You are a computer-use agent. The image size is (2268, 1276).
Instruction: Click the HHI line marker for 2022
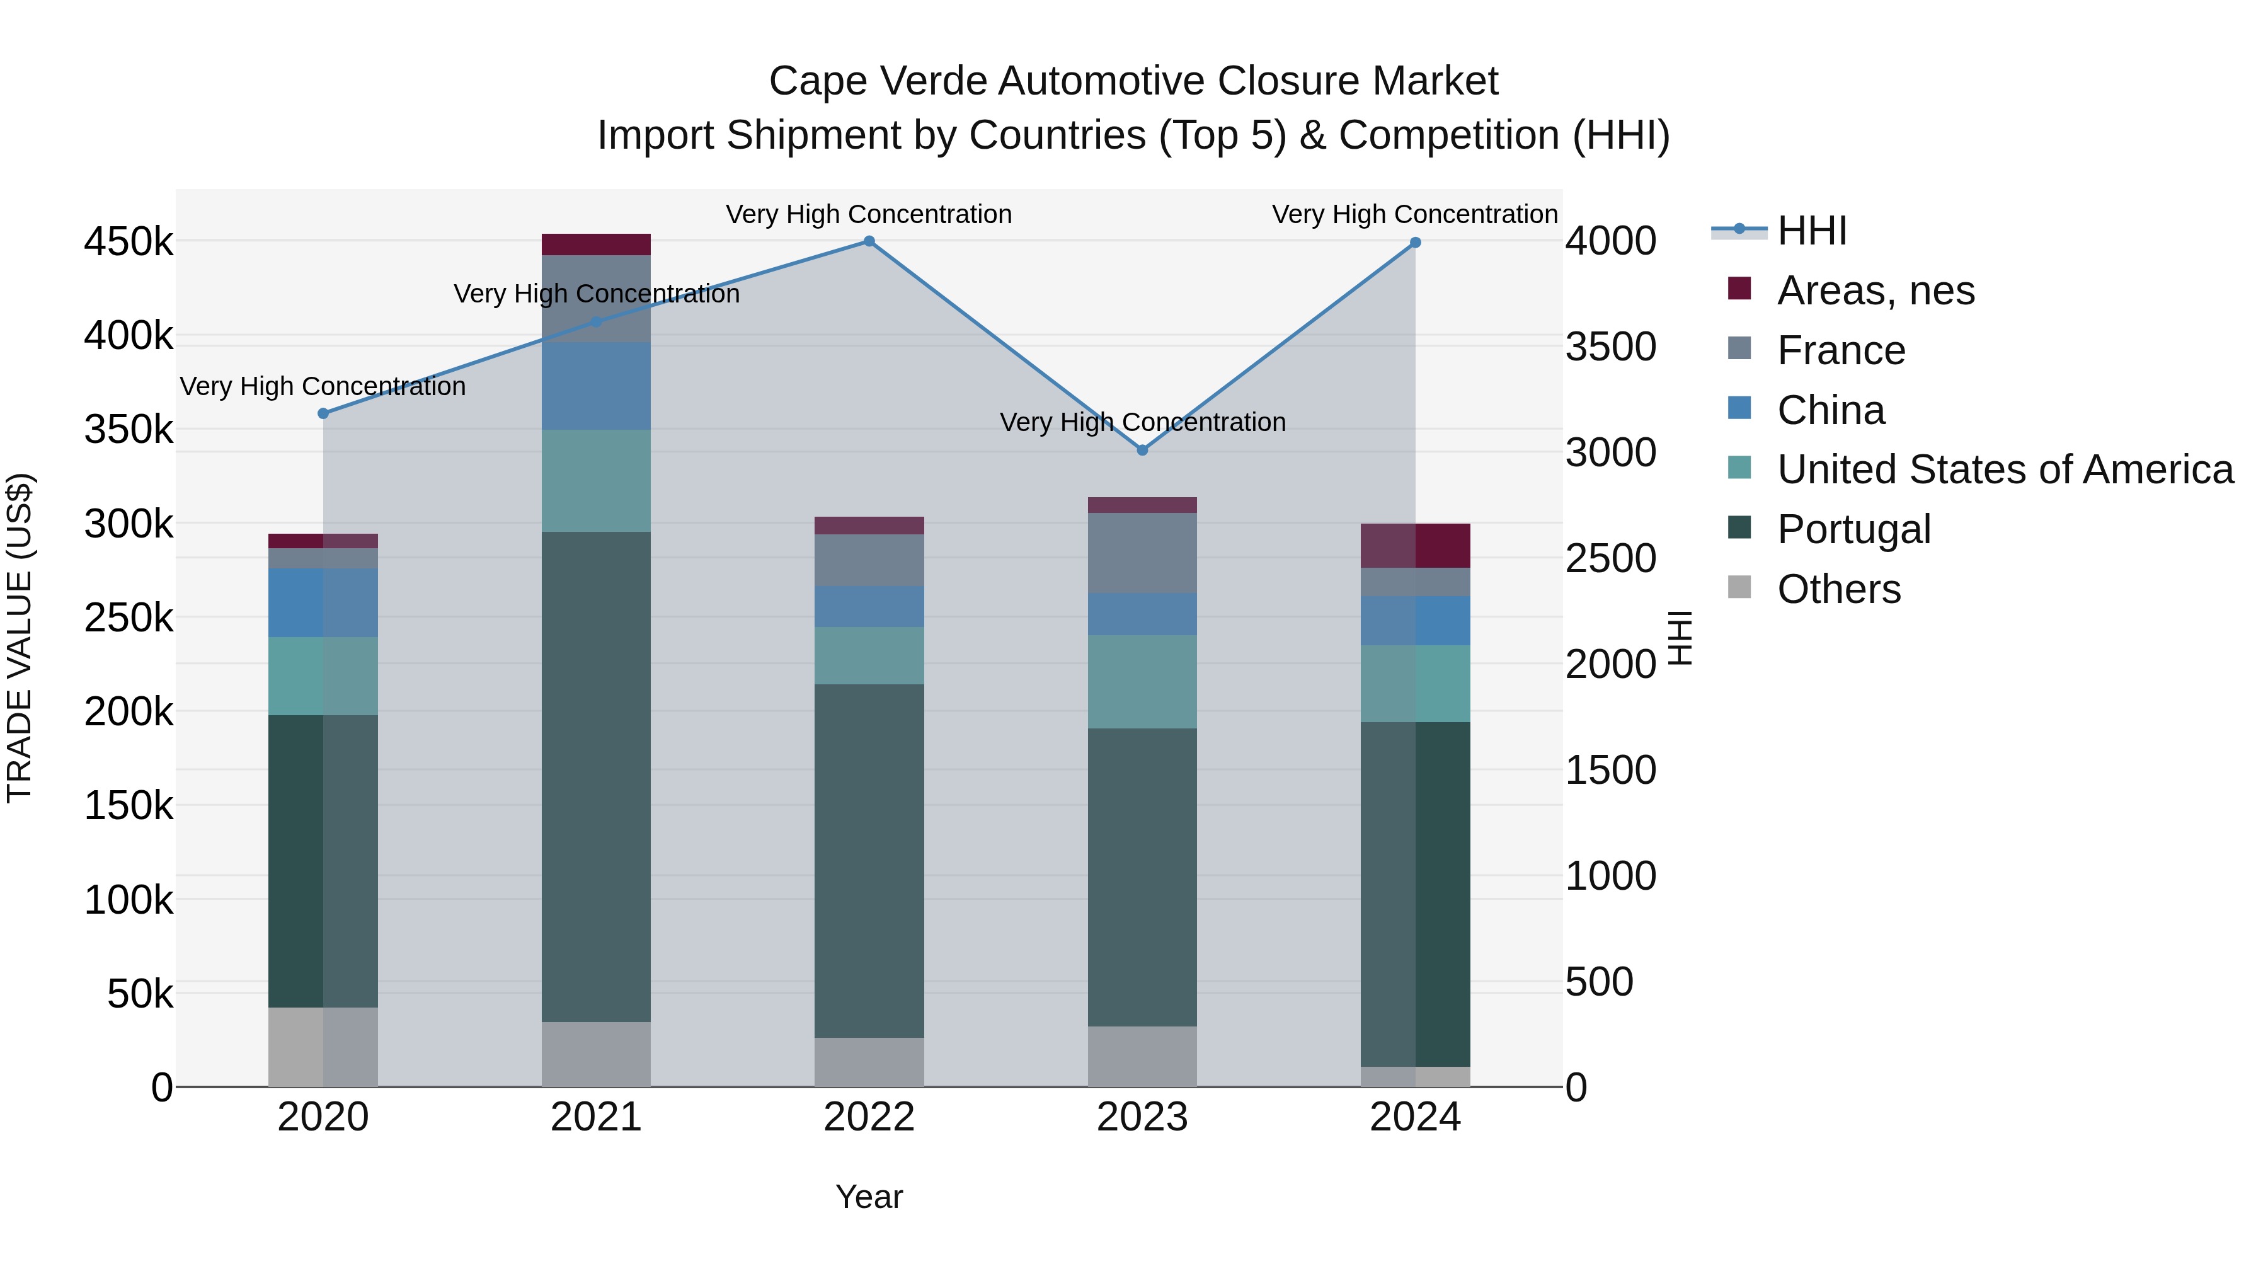coord(869,241)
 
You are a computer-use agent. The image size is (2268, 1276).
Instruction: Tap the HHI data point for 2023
coord(1143,450)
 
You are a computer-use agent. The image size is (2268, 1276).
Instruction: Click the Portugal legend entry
coord(1853,529)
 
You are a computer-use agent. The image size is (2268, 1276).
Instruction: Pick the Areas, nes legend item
coord(1876,290)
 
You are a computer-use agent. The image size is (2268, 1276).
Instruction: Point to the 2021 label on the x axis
coord(596,1117)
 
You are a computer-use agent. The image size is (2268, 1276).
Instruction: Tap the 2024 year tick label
coord(1415,1117)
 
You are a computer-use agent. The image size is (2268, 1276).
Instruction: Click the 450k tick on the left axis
coord(129,241)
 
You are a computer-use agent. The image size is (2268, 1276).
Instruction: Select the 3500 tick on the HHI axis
coord(1610,347)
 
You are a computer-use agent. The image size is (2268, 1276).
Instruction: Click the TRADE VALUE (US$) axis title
coord(20,638)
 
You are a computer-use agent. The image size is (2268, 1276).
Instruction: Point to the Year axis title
coord(869,1197)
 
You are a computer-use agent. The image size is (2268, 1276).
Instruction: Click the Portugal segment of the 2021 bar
coord(596,775)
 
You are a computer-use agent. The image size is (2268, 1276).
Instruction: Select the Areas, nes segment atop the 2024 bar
coord(1415,546)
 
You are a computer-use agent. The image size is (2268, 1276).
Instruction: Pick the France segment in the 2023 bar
coord(1143,553)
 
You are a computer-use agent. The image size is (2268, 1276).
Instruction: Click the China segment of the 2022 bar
coord(869,607)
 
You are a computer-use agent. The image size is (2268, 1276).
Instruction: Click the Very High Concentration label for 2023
coord(1143,423)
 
